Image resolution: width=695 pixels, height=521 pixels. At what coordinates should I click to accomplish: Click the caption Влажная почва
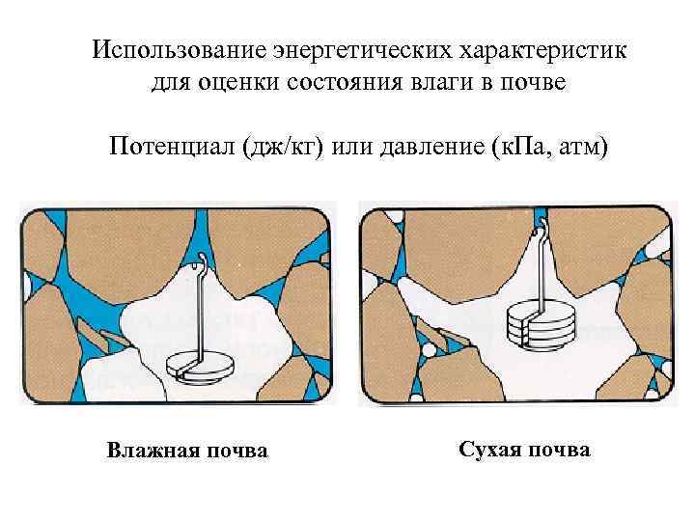[187, 451]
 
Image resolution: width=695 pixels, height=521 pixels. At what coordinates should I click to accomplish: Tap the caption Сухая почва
[524, 450]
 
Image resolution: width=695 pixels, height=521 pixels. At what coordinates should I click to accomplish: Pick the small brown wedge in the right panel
[453, 335]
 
